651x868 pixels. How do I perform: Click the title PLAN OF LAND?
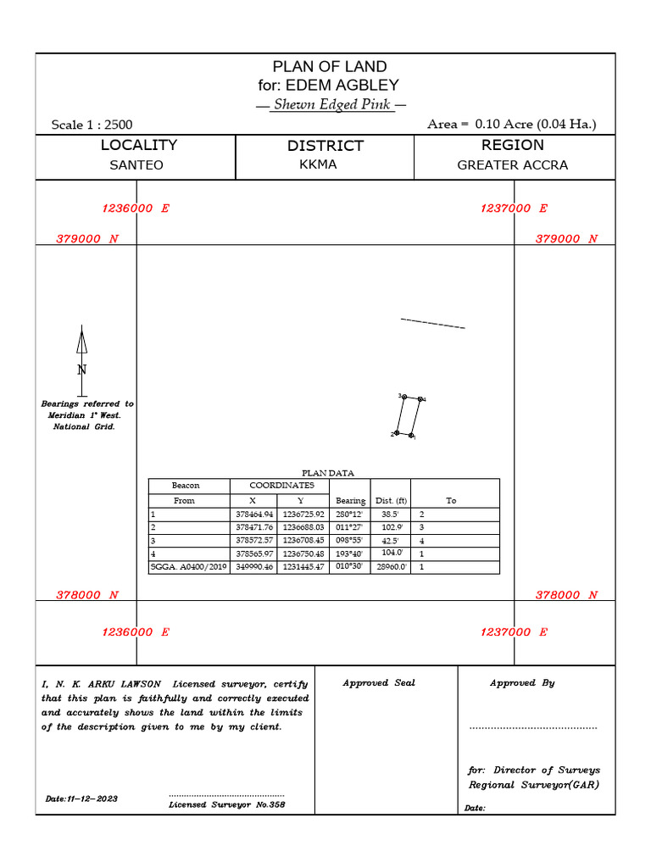tap(329, 67)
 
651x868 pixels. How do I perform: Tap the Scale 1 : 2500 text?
tap(92, 125)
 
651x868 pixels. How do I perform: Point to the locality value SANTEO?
tap(136, 165)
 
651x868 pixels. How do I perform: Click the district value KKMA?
tap(318, 164)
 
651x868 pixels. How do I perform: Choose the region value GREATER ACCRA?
tap(513, 165)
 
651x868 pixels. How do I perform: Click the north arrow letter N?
tap(82, 370)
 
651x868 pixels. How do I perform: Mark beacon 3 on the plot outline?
tap(404, 397)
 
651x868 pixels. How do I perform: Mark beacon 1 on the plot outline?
tap(410, 436)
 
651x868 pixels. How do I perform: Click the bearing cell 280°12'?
tap(349, 515)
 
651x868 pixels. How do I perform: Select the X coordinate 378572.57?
tap(254, 540)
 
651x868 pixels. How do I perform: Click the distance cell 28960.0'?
tap(392, 566)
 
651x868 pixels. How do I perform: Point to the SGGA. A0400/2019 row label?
tap(188, 566)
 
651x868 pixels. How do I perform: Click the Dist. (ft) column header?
tap(392, 501)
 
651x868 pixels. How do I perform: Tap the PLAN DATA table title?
tap(328, 473)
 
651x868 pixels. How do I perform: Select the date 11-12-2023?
tap(82, 799)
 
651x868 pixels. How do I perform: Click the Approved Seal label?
tap(379, 683)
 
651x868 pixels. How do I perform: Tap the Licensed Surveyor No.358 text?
tap(227, 804)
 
